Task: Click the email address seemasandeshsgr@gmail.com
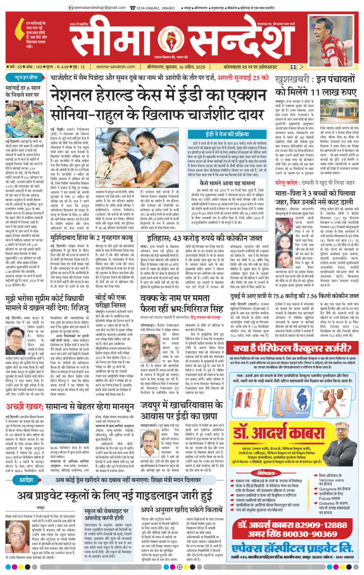point(97,8)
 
